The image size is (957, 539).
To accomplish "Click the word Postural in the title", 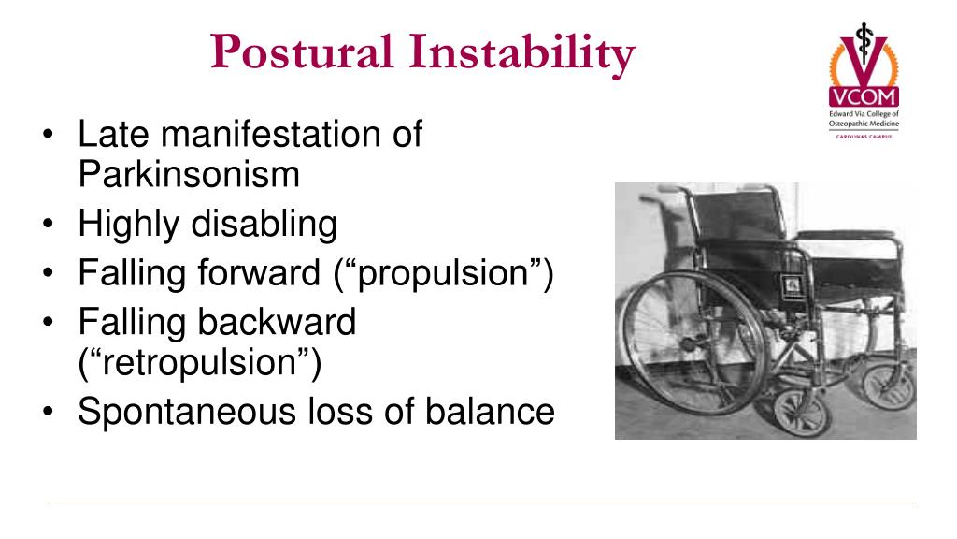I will [301, 53].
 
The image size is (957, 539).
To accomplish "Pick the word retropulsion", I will [199, 362].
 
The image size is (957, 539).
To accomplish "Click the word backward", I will [277, 323].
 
